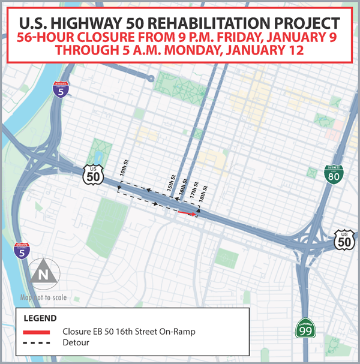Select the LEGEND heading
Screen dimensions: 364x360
[x=40, y=318]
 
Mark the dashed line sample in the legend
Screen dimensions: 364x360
[x=37, y=343]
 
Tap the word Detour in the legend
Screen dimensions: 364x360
[x=75, y=343]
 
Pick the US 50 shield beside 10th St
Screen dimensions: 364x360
[x=94, y=173]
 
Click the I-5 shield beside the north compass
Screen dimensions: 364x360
[x=22, y=251]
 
